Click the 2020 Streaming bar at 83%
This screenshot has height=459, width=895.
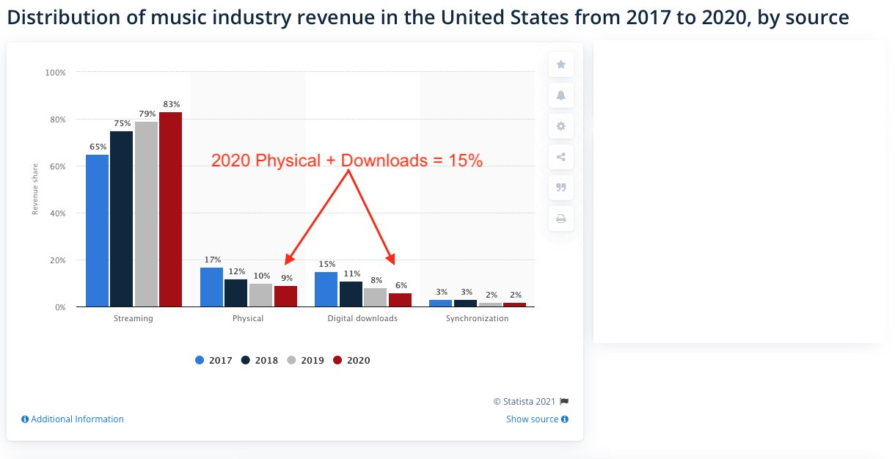coord(170,209)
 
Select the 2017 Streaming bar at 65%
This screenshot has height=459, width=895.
coord(97,230)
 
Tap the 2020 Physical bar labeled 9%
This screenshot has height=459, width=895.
coord(285,296)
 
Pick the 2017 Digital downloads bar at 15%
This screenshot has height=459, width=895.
coord(326,289)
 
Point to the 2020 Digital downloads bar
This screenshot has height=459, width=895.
coord(400,300)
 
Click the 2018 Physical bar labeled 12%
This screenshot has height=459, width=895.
coord(235,293)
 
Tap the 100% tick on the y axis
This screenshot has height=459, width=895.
coord(55,73)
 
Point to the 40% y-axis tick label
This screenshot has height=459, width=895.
coord(56,213)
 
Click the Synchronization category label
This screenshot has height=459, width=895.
coord(477,318)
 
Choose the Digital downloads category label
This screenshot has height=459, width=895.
coord(362,318)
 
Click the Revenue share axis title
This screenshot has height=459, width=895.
coord(34,190)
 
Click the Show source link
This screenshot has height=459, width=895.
coord(537,419)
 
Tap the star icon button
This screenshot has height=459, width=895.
coord(561,65)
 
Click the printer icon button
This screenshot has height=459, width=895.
coord(561,219)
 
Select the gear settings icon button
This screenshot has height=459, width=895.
coord(561,126)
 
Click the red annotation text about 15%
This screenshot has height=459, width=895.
coord(347,161)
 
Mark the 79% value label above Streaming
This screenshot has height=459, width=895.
coord(145,114)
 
